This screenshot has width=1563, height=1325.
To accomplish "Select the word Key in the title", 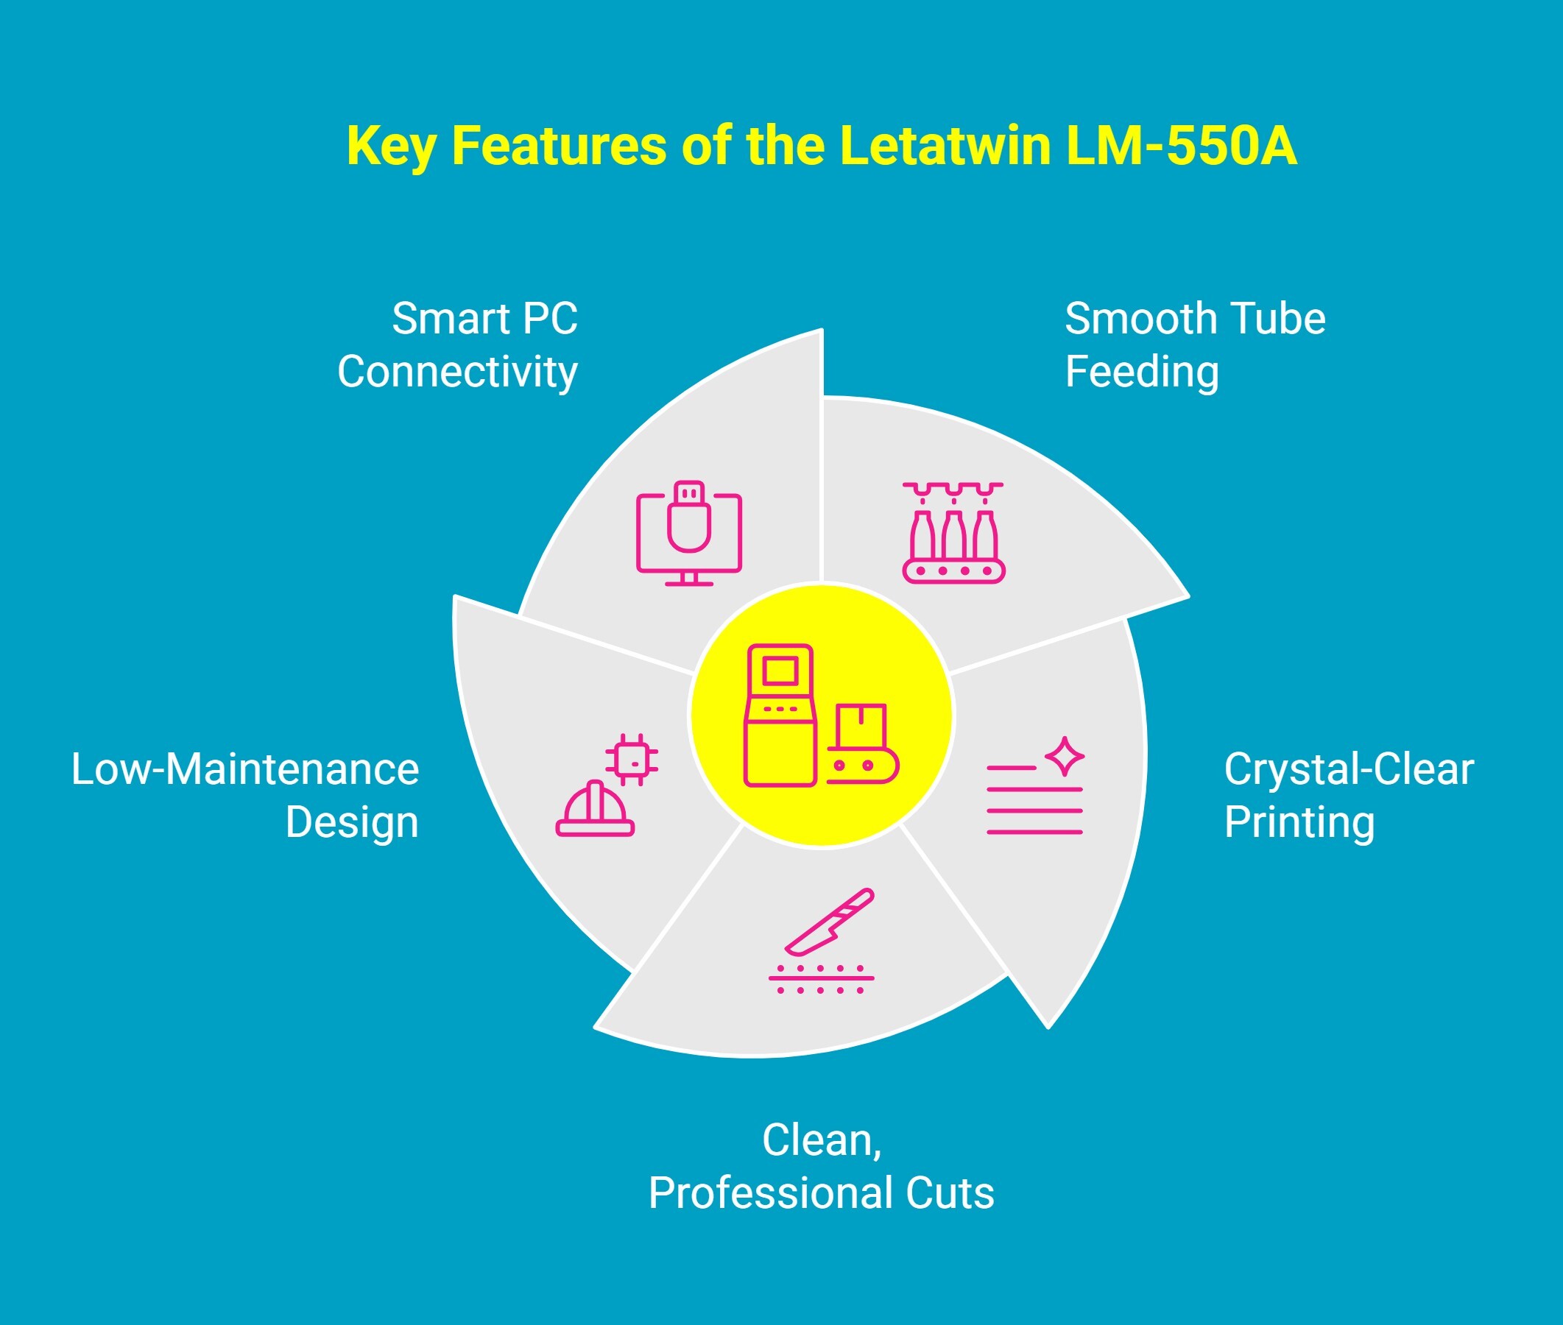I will [390, 146].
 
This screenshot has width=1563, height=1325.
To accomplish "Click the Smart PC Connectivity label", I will [458, 344].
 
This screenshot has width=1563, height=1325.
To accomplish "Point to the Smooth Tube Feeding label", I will [1194, 344].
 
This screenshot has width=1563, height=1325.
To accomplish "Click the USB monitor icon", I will [689, 532].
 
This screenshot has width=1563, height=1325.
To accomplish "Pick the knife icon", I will [830, 922].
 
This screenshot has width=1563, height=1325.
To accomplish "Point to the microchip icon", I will [632, 760].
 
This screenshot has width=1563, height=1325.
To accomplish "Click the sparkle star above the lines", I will [1065, 756].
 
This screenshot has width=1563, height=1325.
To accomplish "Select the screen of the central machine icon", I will [780, 670].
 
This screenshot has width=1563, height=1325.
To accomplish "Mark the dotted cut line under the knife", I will [821, 979].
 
